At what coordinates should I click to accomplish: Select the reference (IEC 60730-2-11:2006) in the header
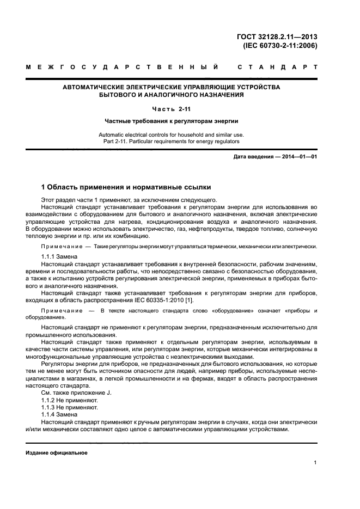click(x=279, y=46)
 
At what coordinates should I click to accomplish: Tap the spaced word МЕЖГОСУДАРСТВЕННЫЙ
click(x=123, y=68)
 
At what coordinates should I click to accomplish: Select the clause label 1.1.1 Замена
click(x=59, y=256)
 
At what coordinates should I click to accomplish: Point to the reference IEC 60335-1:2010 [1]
click(x=163, y=301)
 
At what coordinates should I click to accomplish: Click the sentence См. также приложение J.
click(x=76, y=392)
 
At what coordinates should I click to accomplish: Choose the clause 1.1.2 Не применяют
click(x=70, y=400)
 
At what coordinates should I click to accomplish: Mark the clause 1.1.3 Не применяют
click(x=70, y=407)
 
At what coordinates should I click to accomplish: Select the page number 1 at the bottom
click(x=315, y=463)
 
